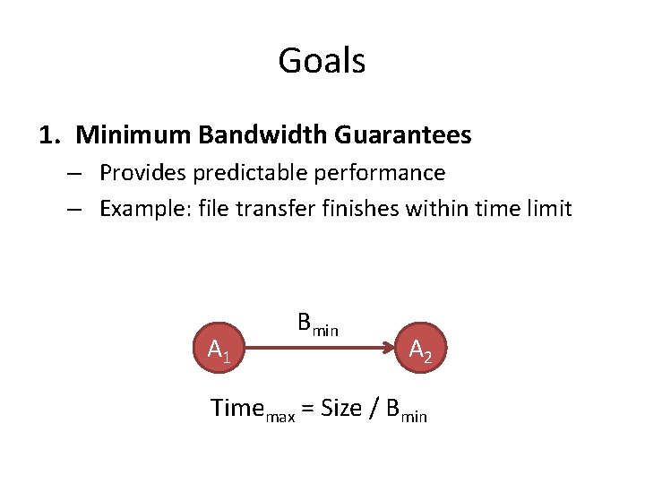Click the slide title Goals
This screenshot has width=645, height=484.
coord(322,61)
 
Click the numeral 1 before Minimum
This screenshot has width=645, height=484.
coord(47,135)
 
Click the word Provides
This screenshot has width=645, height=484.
coord(137,172)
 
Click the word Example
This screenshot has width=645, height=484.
coord(139,209)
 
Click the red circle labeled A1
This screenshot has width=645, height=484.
coord(219,350)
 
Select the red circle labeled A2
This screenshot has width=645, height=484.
coord(420,350)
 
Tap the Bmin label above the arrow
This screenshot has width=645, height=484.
coord(317,324)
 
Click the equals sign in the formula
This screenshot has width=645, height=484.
coord(306,409)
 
